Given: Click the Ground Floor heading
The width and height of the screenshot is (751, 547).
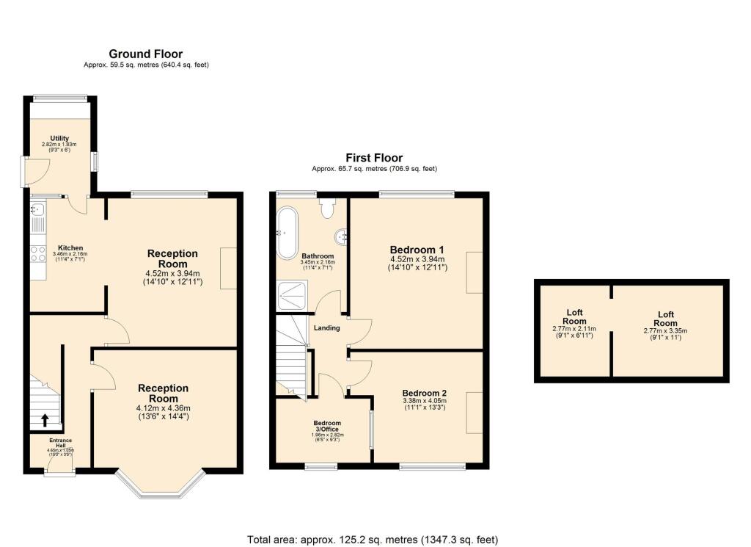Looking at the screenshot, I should (x=146, y=54).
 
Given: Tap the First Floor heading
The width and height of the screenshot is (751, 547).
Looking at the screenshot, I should (x=374, y=158).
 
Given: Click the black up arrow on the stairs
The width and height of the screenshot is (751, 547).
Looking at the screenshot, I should (x=45, y=420).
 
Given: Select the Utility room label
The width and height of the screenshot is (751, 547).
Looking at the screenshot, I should (x=59, y=138).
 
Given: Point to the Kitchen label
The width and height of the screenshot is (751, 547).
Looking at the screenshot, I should (x=71, y=247).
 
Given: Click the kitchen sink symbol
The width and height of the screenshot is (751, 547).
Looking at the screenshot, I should (x=38, y=213).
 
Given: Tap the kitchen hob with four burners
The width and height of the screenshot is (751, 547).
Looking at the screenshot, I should (x=37, y=254).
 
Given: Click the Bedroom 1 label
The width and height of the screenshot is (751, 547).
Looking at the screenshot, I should (x=417, y=248).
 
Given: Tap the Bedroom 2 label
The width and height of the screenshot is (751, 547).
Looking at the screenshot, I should (x=424, y=393).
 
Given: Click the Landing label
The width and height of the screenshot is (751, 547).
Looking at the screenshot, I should (x=326, y=328).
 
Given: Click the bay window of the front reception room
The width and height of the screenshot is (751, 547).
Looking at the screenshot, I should (x=160, y=488).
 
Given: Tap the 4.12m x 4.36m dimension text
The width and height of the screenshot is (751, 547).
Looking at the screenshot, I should (x=164, y=408).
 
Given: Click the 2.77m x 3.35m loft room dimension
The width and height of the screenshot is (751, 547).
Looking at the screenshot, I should (x=665, y=330).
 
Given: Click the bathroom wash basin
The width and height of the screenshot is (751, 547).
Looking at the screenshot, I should (x=340, y=236).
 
